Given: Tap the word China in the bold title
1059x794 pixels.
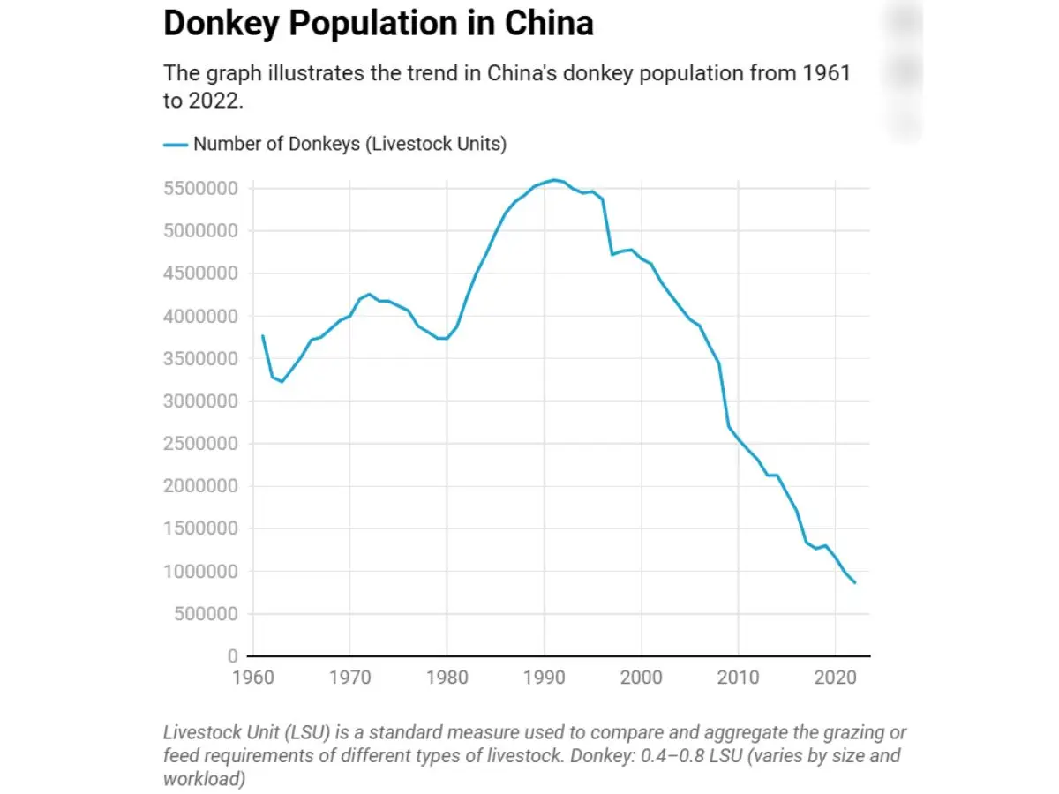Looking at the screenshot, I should pos(548,23).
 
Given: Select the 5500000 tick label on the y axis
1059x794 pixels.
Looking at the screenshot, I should pos(201,189).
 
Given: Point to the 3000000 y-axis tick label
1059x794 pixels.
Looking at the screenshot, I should pos(201,401).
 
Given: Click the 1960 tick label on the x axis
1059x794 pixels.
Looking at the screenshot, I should pos(252,678).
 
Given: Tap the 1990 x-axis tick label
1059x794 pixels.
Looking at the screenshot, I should pos(544,678).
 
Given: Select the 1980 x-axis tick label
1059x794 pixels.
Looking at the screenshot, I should pos(447,678).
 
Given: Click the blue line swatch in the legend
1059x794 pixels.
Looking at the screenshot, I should pos(176,144).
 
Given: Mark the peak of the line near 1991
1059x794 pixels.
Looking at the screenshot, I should pos(553,180).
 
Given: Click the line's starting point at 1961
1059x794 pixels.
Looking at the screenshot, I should pos(262,336).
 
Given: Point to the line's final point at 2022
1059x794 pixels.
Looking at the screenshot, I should pos(854,582).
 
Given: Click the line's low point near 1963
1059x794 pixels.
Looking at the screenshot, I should pos(282,381).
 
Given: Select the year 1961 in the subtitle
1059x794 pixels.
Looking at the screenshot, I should pos(826,72).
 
